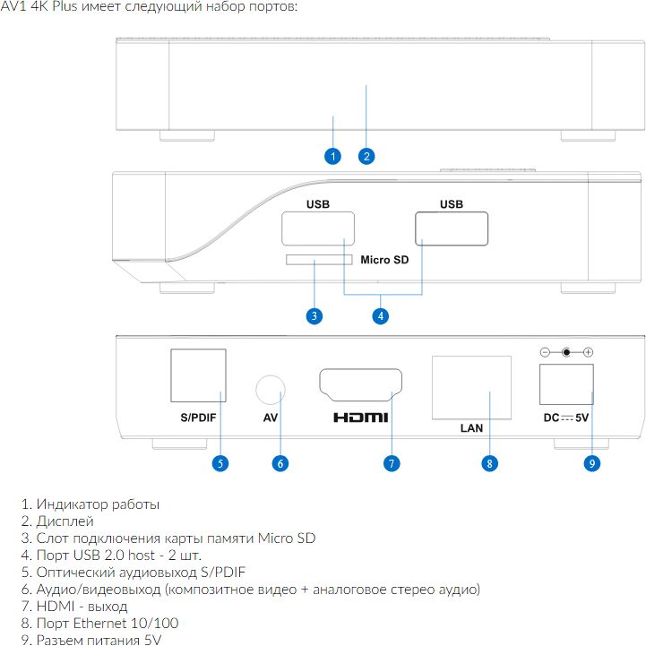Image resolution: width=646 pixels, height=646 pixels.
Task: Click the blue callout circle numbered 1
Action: point(333,156)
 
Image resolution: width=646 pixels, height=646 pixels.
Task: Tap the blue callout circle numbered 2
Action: point(366,156)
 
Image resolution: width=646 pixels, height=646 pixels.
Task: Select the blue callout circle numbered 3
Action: point(314,316)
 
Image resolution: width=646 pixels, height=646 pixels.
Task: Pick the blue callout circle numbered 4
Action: point(381,316)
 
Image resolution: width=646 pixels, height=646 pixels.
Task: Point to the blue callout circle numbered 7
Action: point(392,463)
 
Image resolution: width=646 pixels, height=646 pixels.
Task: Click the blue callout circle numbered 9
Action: point(592,463)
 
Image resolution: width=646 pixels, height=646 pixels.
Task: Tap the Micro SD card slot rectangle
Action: point(319,260)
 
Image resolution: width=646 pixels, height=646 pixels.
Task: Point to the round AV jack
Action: point(271,375)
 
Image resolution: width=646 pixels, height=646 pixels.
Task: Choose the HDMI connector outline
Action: point(360,369)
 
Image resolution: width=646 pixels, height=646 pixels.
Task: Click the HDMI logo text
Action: point(361,418)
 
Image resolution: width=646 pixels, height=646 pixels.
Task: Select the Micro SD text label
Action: point(384,260)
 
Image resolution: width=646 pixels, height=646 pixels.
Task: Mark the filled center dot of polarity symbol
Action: point(566,352)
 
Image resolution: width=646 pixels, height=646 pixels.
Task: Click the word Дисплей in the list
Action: point(65,521)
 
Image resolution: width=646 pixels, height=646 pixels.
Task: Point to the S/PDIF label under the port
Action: point(198,418)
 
